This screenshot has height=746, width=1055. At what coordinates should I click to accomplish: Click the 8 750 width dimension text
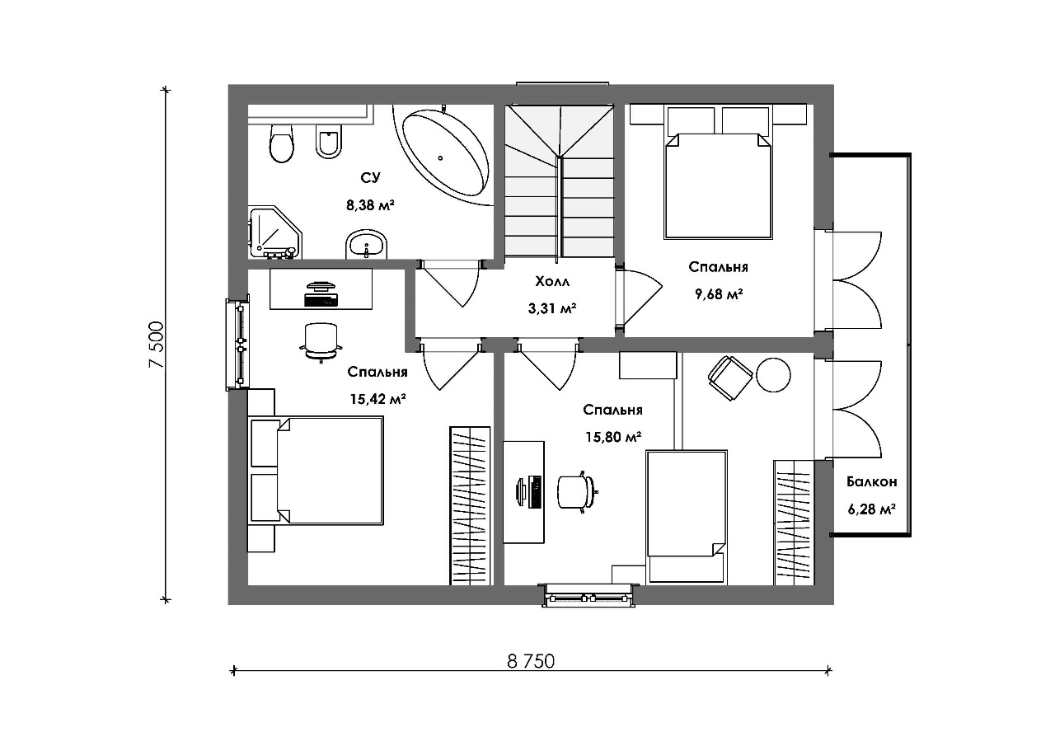pyautogui.click(x=531, y=662)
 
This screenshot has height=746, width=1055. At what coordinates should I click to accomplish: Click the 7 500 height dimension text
pyautogui.click(x=156, y=345)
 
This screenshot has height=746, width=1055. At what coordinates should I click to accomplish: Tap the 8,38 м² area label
pyautogui.click(x=370, y=205)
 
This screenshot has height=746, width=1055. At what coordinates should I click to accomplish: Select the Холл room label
pyautogui.click(x=552, y=282)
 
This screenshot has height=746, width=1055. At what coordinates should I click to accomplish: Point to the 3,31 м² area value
pyautogui.click(x=552, y=309)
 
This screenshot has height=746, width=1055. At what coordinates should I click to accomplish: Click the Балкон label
pyautogui.click(x=871, y=481)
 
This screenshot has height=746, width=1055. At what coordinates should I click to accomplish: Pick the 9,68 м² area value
pyautogui.click(x=719, y=294)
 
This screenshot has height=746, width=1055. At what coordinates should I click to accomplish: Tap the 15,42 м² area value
pyautogui.click(x=377, y=399)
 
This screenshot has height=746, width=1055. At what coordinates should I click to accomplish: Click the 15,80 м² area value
pyautogui.click(x=613, y=438)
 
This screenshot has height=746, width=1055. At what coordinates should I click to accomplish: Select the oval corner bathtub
pyautogui.click(x=444, y=152)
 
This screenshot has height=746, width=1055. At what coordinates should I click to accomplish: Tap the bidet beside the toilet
pyautogui.click(x=328, y=141)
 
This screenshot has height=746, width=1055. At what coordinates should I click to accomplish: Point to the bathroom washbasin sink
pyautogui.click(x=367, y=245)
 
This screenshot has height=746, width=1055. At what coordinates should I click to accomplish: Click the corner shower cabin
pyautogui.click(x=274, y=232)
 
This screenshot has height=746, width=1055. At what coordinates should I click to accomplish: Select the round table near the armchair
pyautogui.click(x=773, y=375)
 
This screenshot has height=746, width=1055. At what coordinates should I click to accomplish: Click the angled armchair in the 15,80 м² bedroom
pyautogui.click(x=729, y=378)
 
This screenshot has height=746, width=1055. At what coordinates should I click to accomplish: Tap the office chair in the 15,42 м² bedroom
pyautogui.click(x=321, y=342)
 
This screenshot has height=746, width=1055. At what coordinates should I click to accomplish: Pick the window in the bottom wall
pyautogui.click(x=589, y=596)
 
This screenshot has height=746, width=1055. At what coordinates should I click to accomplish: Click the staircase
pyautogui.click(x=560, y=181)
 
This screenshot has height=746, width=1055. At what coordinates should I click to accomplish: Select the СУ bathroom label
pyautogui.click(x=370, y=178)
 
